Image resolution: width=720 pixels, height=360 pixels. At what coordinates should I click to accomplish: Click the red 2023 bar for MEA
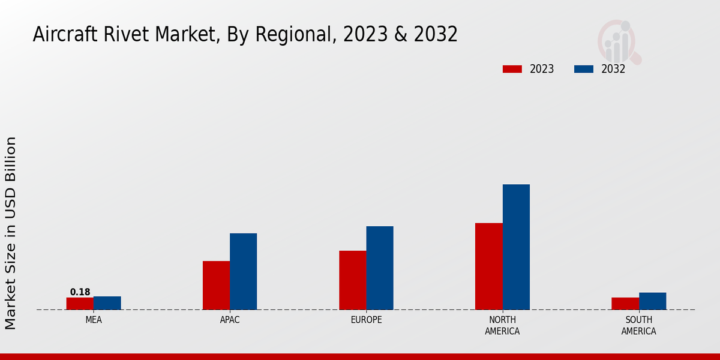(x=80, y=304)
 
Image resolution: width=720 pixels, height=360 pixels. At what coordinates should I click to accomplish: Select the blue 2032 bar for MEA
(x=107, y=303)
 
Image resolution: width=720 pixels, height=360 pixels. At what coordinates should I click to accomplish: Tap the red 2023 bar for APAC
(x=216, y=286)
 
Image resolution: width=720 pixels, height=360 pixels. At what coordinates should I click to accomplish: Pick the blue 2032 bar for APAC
(x=244, y=272)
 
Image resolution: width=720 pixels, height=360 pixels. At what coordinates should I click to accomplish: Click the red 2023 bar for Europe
(x=353, y=280)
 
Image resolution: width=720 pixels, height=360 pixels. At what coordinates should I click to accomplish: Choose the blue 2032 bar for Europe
(x=380, y=268)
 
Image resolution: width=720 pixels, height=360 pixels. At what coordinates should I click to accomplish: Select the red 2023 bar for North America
(x=489, y=266)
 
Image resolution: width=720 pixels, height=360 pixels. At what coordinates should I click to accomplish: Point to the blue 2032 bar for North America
(x=516, y=247)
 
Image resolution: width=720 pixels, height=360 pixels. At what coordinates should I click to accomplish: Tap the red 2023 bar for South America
(x=625, y=304)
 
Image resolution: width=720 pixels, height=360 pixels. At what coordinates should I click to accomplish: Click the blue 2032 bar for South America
(x=653, y=301)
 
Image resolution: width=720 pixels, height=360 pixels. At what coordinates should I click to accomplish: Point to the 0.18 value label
(x=80, y=292)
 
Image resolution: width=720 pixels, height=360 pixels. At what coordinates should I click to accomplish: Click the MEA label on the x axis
(x=94, y=320)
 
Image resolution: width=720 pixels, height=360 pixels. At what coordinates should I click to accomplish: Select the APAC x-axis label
(x=230, y=320)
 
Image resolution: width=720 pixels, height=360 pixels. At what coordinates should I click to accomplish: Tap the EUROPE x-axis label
(x=366, y=320)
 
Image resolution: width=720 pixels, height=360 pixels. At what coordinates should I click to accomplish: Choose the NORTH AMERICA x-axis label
(x=503, y=325)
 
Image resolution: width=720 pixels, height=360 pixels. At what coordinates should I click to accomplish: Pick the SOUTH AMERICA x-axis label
(x=639, y=325)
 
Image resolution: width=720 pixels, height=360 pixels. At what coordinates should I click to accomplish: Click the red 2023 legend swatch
(x=512, y=69)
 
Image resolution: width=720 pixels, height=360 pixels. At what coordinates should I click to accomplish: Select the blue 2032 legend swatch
(x=584, y=69)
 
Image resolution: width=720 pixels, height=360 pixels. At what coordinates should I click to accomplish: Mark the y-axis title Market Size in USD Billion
(x=11, y=233)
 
